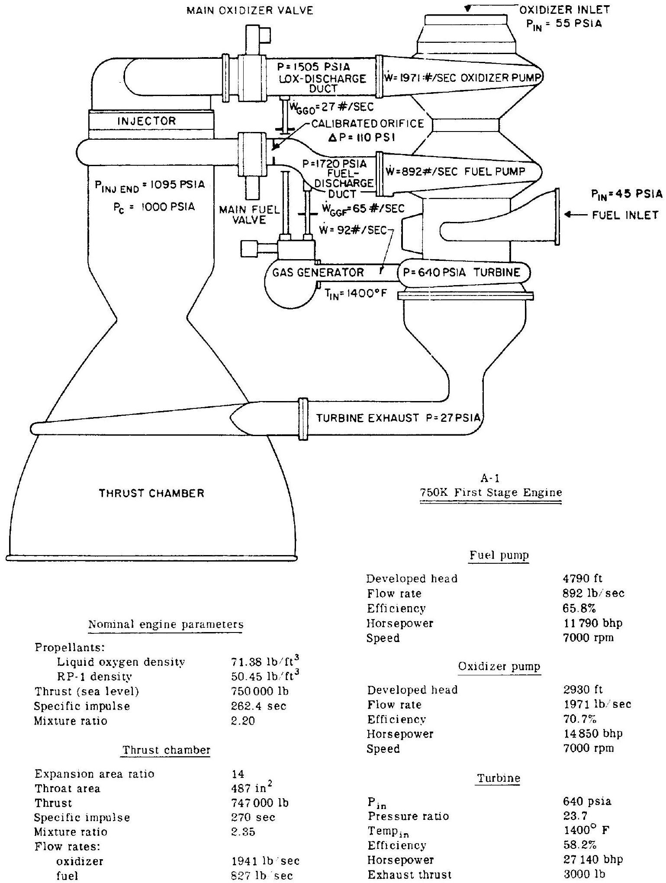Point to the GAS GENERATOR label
coord(318,272)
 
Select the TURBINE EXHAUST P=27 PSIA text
coord(399,418)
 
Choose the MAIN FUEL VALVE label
coord(249,215)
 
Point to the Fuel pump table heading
coord(499,555)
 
